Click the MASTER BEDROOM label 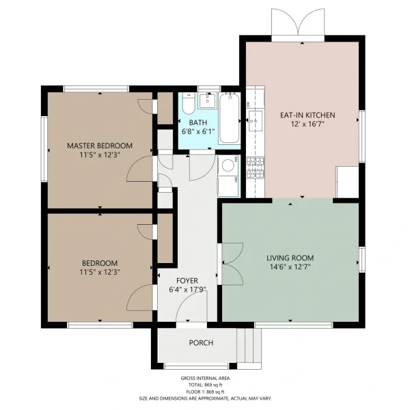100,146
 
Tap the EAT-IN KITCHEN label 307,115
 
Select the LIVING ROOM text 290,258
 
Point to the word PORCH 201,343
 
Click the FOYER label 187,281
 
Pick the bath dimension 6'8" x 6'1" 198,131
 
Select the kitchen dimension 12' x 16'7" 307,124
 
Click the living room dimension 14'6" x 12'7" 290,267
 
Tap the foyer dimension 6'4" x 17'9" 187,290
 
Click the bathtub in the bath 230,118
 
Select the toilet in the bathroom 189,104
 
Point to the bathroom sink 206,101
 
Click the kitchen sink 255,120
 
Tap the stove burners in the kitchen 255,167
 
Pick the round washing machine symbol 228,165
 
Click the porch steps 249,345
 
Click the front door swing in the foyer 191,307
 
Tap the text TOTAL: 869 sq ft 205,385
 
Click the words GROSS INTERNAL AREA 205,378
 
